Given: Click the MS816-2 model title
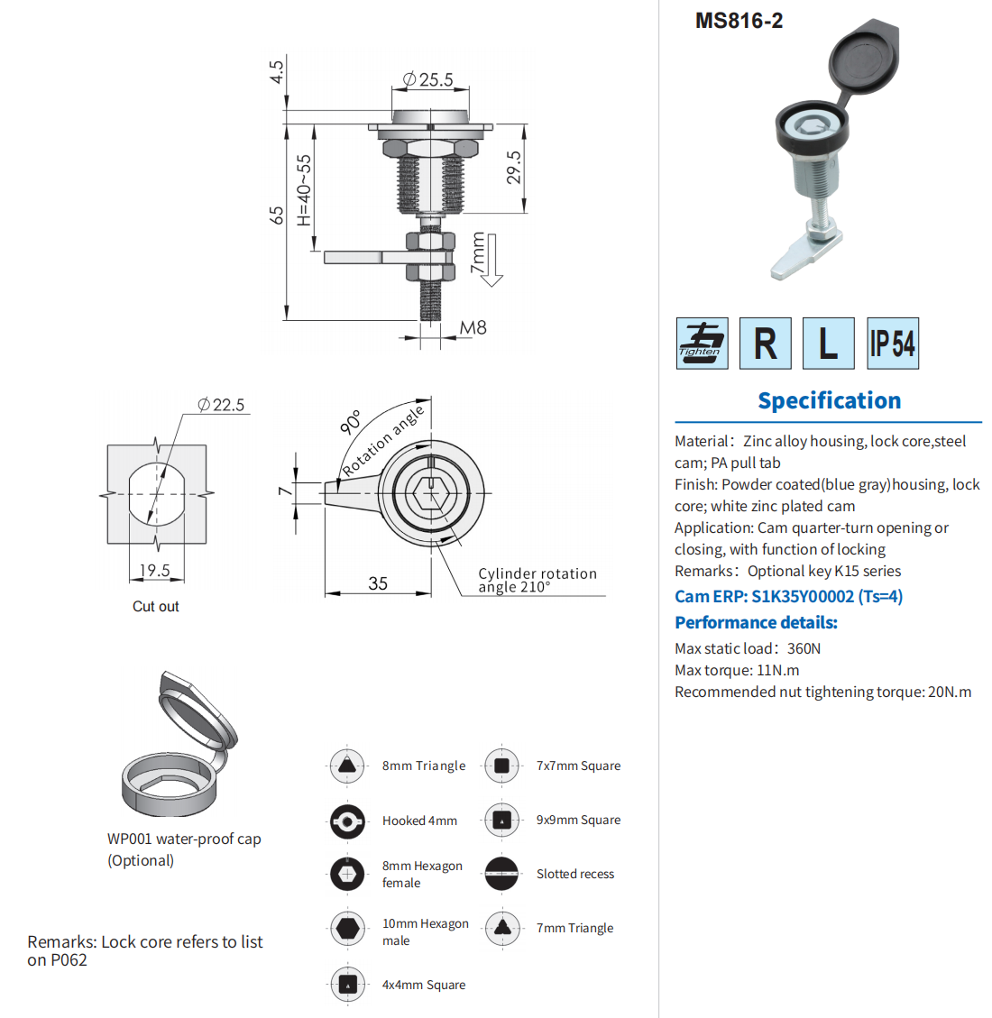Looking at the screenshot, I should pos(739,21).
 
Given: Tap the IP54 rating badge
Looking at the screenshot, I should pos(892,344).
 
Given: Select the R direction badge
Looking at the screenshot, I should pos(765,344).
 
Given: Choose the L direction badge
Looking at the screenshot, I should pos(828,344).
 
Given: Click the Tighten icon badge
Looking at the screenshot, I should pos(702,344).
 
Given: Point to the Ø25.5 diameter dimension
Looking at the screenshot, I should pos(428,80).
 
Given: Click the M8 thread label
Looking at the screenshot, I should pos(473,328).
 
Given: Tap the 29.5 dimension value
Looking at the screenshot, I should pos(514,168).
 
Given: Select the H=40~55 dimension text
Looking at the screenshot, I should pos(304,189).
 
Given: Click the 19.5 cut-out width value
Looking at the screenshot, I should pos(154,570).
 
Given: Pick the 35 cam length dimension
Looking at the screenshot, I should pos(378,583).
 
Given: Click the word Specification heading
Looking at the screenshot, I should pos(829,400).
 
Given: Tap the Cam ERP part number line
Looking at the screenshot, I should pos(788,596).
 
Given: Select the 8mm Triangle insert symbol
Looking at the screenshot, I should pos(347,766).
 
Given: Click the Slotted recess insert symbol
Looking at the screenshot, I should pos(502,874).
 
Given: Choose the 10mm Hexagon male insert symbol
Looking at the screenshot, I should pos(347,928).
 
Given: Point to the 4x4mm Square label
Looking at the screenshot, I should pos(424,985).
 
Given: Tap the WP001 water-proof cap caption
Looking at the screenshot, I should pos(184,839).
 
